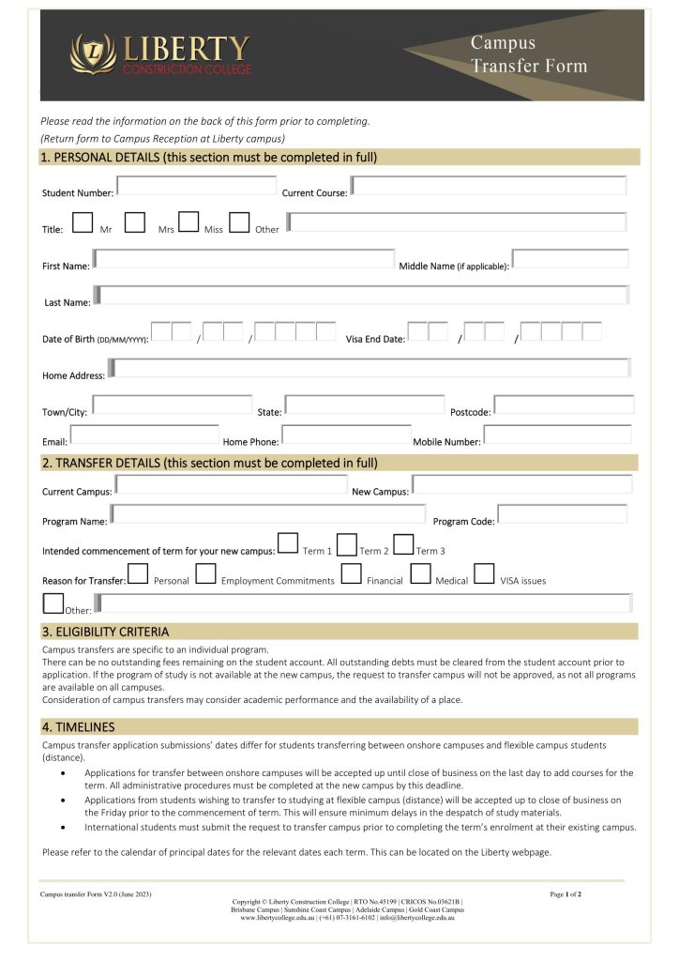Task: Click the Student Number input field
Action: click(196, 186)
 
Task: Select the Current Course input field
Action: click(489, 186)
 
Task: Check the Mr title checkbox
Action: click(83, 222)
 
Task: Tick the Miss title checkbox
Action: click(189, 222)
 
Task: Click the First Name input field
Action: click(244, 259)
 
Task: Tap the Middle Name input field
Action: click(570, 259)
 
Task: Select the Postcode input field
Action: click(564, 405)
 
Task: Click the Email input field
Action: click(144, 435)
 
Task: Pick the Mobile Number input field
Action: click(557, 435)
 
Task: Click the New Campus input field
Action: click(521, 485)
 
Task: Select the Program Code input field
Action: click(562, 514)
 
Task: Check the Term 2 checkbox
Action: click(346, 544)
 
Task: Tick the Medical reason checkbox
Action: click(421, 573)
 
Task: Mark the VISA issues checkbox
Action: click(484, 573)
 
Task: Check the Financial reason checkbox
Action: click(352, 573)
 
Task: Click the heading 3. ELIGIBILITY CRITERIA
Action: click(105, 632)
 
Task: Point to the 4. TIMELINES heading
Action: click(78, 726)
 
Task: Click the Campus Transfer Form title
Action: click(528, 54)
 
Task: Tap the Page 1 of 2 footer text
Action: click(566, 894)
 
